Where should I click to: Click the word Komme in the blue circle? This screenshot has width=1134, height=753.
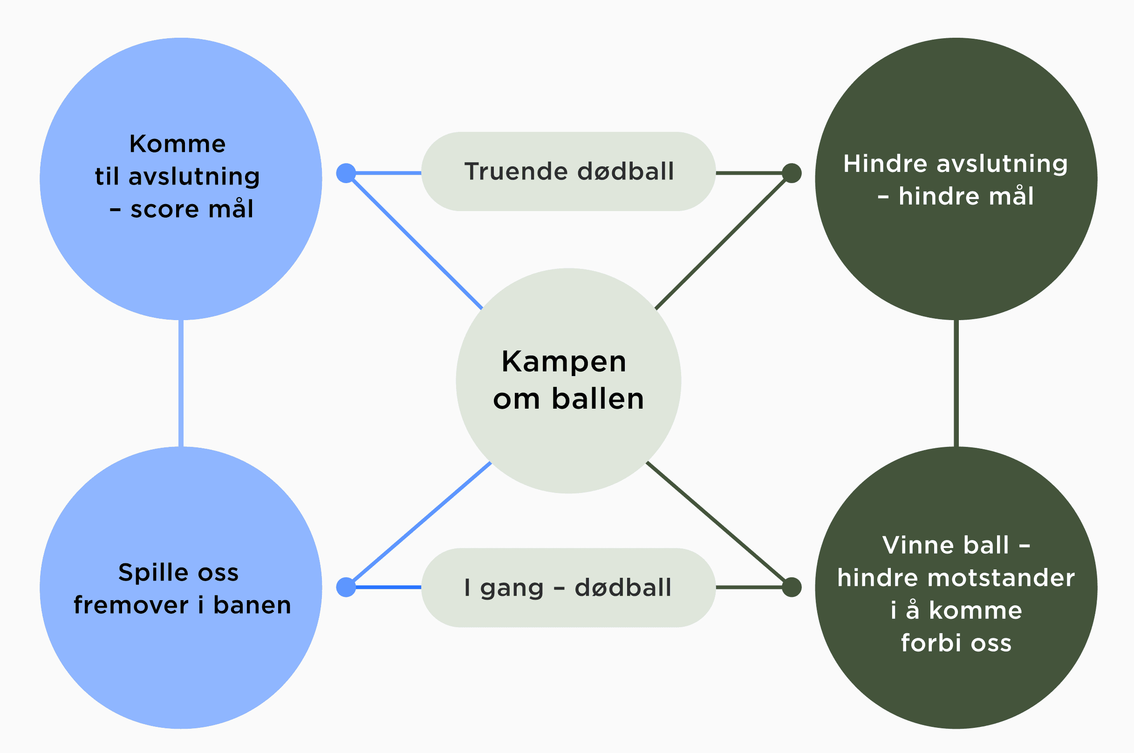point(178,144)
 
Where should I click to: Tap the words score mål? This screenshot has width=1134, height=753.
point(192,209)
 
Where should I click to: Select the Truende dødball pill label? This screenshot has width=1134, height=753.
point(568,171)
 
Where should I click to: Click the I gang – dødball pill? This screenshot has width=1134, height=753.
point(568,588)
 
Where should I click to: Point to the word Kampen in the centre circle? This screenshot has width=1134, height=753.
point(564,362)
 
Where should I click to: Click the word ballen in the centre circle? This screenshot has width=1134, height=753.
point(598,399)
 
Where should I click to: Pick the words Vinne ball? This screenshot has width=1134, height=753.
point(945,545)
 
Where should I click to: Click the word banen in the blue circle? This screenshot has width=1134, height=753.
point(253,605)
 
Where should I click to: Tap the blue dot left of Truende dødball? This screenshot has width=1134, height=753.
point(346,173)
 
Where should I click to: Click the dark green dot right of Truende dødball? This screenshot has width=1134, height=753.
point(792,173)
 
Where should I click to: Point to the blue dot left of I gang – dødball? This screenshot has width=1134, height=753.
point(346,587)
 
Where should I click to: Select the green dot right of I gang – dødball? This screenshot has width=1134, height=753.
point(792,587)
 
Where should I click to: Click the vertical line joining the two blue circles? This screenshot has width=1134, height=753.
point(181,383)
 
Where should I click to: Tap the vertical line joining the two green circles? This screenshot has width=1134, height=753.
point(956,383)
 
